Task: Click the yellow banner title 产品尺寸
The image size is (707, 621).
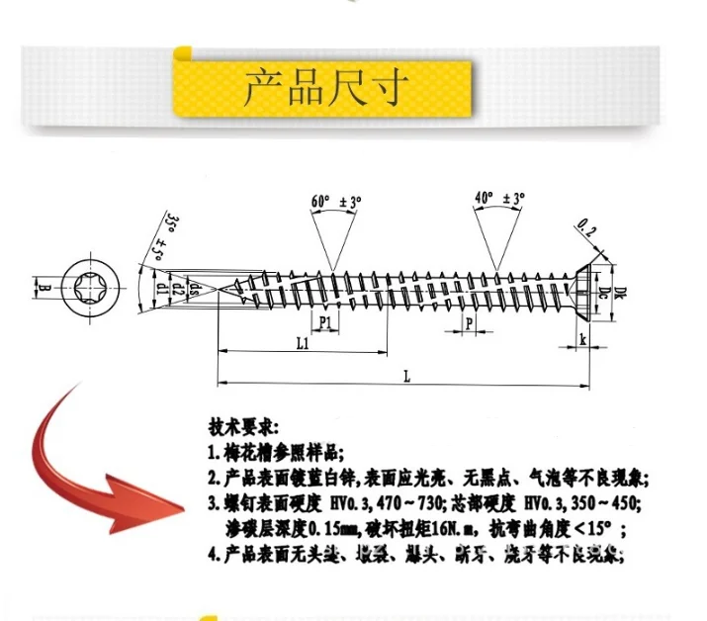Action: [x=325, y=88]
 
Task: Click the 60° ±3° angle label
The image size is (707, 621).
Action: [x=337, y=201]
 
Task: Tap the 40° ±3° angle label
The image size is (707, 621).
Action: [x=499, y=198]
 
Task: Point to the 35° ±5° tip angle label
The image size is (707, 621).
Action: [x=168, y=233]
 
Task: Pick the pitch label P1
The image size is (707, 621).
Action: [x=324, y=323]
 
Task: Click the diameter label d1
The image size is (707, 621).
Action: [x=161, y=289]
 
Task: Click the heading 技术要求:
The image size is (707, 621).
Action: [x=244, y=428]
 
